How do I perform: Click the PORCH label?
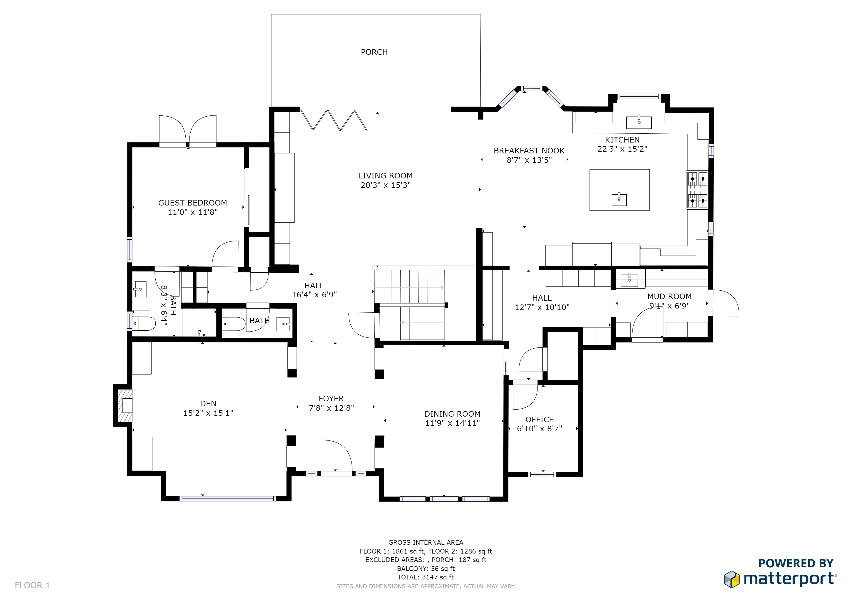point(374,52)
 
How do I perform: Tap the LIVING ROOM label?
point(386,175)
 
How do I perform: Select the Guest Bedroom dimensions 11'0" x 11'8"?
point(193,212)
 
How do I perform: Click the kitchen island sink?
point(619,199)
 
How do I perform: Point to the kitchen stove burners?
point(698,190)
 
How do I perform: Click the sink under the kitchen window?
point(639,122)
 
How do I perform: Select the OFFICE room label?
point(540,419)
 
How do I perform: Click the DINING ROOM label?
point(452,414)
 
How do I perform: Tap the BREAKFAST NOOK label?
point(529,151)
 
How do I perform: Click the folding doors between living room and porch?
point(334,120)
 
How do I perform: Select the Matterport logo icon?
point(732,579)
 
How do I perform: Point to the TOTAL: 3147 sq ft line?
point(426,577)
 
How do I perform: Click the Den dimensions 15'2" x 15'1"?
point(208,413)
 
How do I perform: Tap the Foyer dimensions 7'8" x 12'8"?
point(331,408)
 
